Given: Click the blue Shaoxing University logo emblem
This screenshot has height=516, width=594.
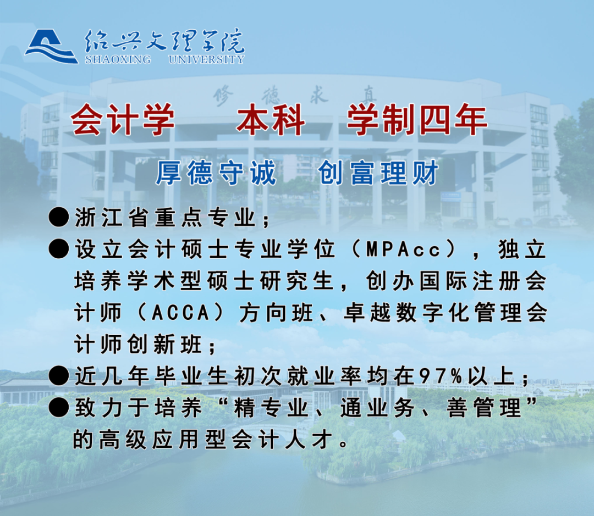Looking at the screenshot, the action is pyautogui.click(x=52, y=46).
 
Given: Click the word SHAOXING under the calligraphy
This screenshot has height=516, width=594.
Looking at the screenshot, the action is pyautogui.click(x=118, y=59).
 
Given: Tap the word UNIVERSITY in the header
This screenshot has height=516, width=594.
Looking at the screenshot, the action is pyautogui.click(x=206, y=59).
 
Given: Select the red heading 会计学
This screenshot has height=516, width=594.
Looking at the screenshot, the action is pyautogui.click(x=123, y=120).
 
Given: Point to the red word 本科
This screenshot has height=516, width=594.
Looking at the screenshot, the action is pyautogui.click(x=271, y=120).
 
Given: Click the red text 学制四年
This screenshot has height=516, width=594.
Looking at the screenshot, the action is pyautogui.click(x=417, y=120).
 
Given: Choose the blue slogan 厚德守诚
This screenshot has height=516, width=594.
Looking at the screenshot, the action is pyautogui.click(x=216, y=173).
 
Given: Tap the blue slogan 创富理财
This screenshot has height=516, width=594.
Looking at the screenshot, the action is pyautogui.click(x=378, y=173).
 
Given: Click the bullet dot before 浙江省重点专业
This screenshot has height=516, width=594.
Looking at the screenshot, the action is pyautogui.click(x=59, y=217).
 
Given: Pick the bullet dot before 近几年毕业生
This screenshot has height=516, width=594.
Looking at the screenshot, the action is pyautogui.click(x=59, y=376).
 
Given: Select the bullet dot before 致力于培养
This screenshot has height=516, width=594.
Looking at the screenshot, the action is pyautogui.click(x=59, y=408).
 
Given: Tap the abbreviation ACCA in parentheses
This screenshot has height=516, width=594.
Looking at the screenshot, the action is pyautogui.click(x=180, y=313).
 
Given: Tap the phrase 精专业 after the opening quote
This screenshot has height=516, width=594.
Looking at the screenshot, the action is pyautogui.click(x=271, y=408).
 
